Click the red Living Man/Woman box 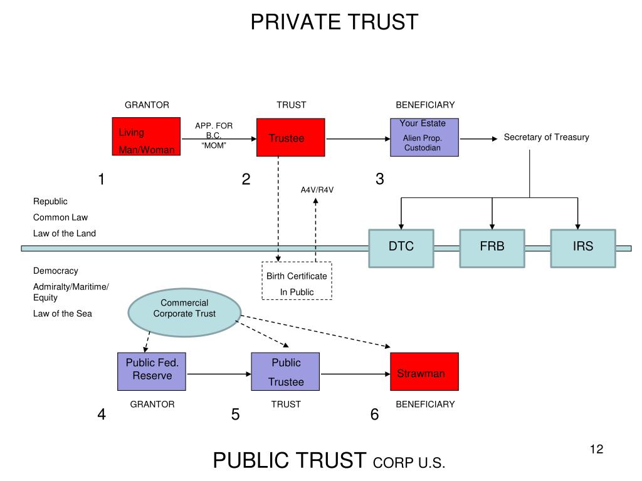(x=146, y=137)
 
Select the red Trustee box (x=290, y=138)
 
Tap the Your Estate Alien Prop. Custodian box (x=424, y=137)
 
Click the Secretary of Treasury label (x=546, y=137)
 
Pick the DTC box (x=401, y=248)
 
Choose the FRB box (x=492, y=248)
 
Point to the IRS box (x=582, y=248)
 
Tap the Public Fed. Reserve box (x=152, y=371)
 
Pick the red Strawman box (x=424, y=371)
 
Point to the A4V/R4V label (x=317, y=190)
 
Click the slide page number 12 (x=596, y=449)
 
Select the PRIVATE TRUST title (x=334, y=22)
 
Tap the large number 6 (x=374, y=415)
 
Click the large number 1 (x=101, y=180)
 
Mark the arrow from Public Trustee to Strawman (x=355, y=375)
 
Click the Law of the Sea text (x=63, y=314)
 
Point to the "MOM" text (x=213, y=145)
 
